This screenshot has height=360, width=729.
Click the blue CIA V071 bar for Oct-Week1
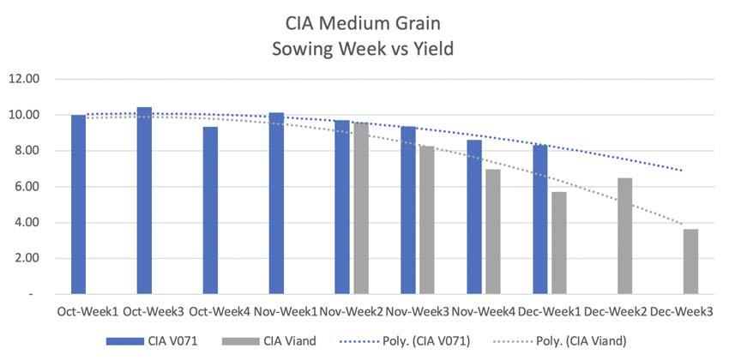[x=78, y=204]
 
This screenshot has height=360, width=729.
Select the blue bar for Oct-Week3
[x=144, y=201]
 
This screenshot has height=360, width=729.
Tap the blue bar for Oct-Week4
[x=210, y=210]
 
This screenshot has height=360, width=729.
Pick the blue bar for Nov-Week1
[x=276, y=203]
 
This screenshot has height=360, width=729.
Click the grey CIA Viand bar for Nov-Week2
[x=361, y=208]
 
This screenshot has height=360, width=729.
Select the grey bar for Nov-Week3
[x=427, y=220]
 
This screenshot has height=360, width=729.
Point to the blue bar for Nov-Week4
[x=474, y=217]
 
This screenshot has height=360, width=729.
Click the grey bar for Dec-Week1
[x=559, y=243]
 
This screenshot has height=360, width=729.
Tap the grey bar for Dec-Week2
[x=625, y=236]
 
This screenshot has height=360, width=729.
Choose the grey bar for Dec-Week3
[x=691, y=261]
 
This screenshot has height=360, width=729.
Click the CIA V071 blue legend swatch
[x=125, y=341]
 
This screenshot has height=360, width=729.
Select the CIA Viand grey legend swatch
[x=241, y=341]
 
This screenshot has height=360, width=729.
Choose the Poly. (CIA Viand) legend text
[x=581, y=341]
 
